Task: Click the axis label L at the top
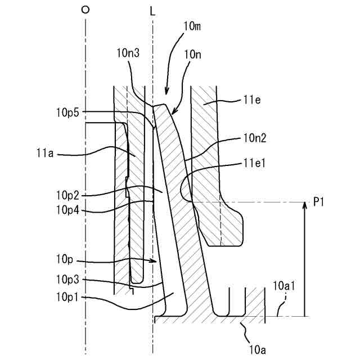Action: [x=152, y=10]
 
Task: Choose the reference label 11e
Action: [x=251, y=100]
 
